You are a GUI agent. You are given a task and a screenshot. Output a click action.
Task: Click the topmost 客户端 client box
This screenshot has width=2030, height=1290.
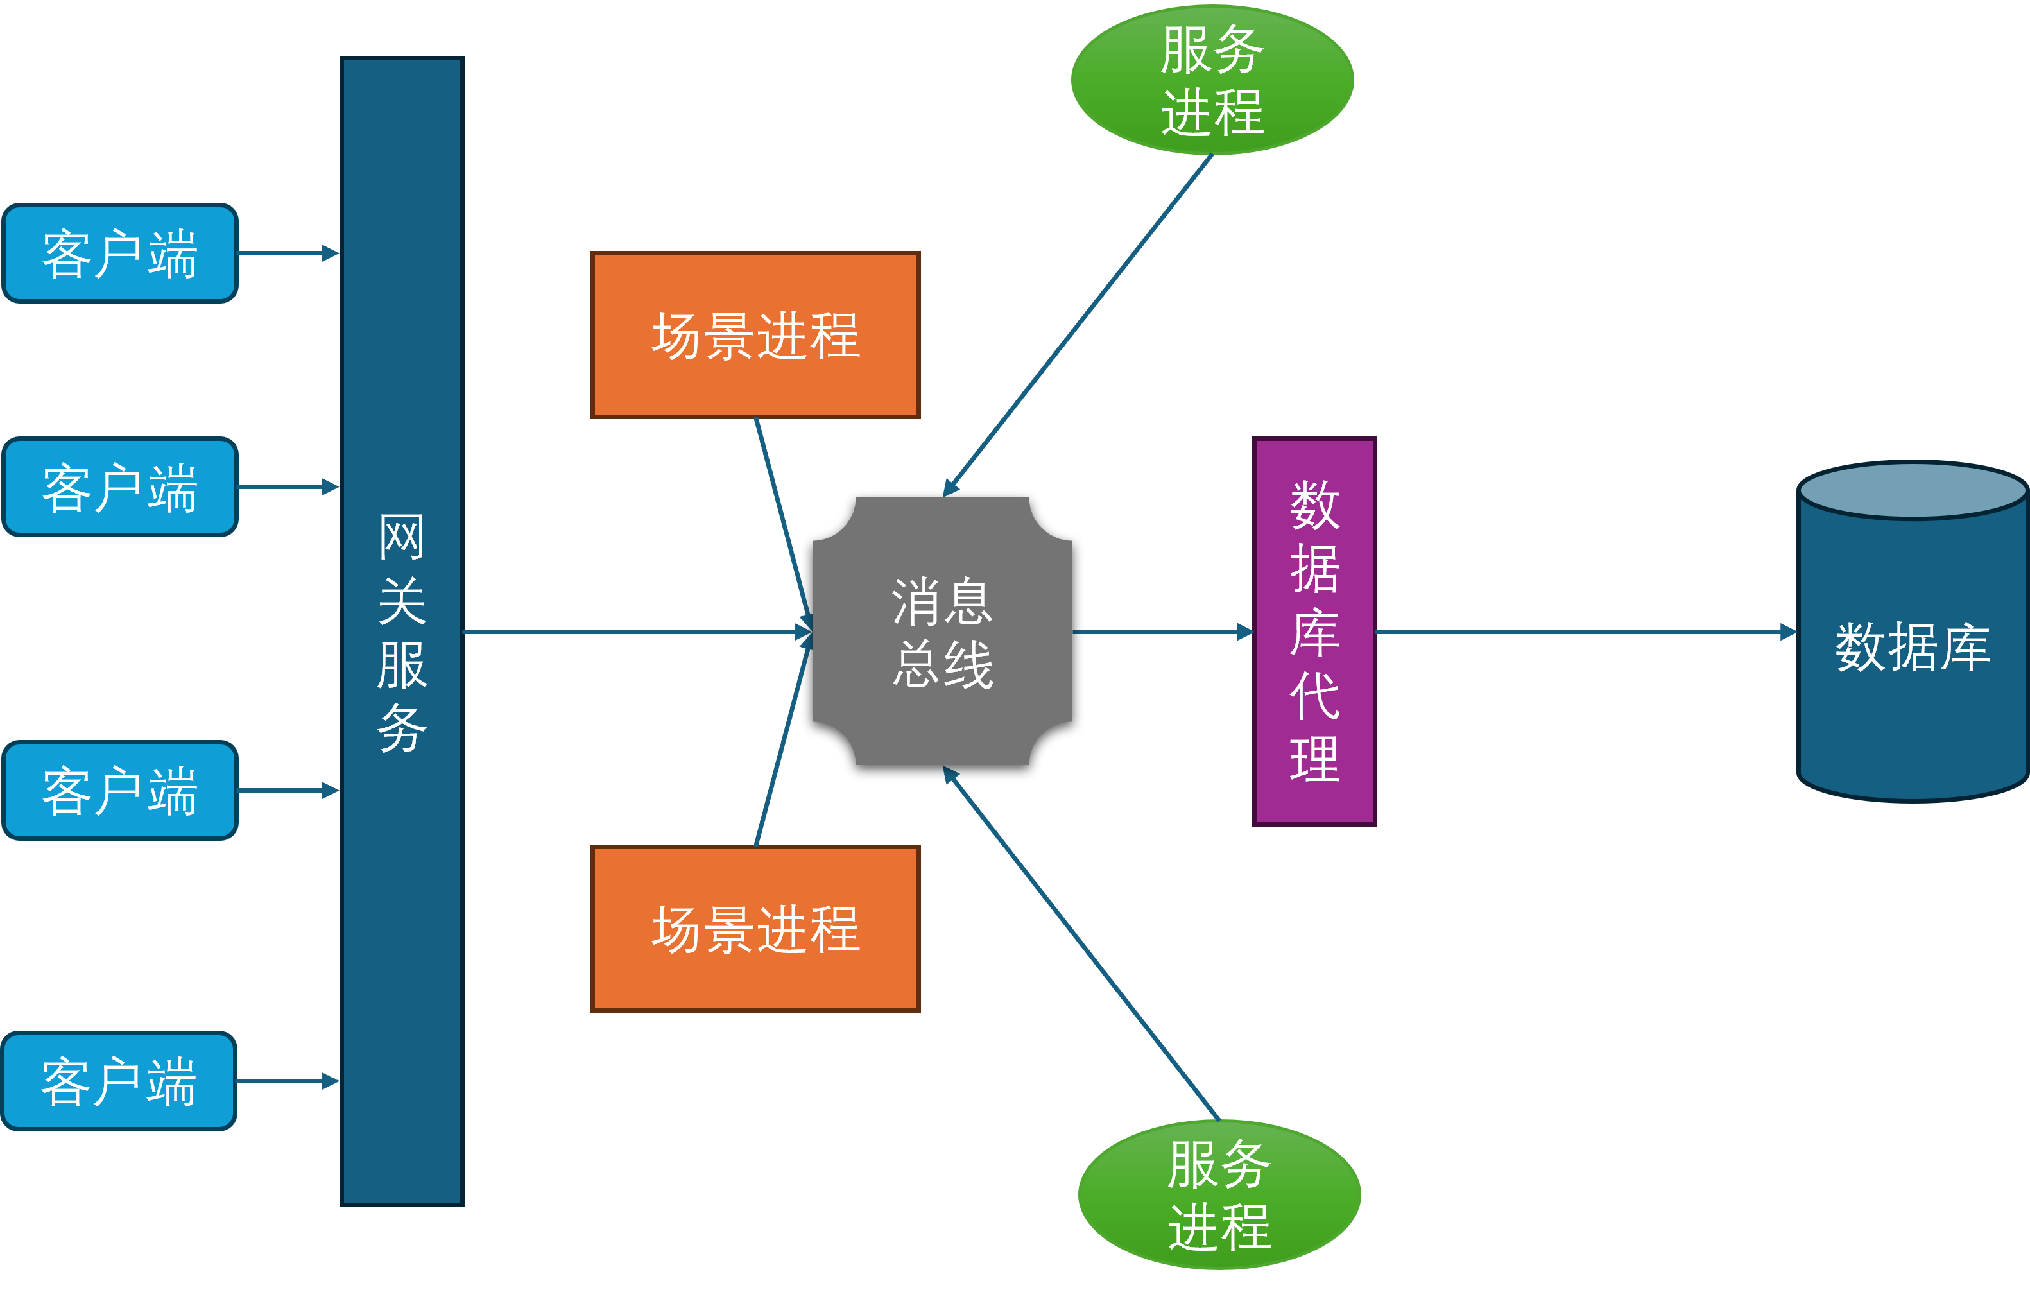coord(120,253)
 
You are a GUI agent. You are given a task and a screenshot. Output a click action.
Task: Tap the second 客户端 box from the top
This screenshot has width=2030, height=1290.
coord(120,486)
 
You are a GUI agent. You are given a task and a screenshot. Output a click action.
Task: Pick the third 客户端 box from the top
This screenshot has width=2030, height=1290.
coord(120,790)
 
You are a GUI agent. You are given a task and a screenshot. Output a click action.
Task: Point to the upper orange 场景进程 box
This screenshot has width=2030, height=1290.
coord(755,335)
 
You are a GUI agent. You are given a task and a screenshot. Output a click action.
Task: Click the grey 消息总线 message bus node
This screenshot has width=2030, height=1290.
coord(942,632)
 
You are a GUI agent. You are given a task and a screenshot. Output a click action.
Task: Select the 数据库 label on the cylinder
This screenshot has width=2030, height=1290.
coord(1912,648)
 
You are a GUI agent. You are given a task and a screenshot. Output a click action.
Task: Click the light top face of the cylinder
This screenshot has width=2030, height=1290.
coord(1912,491)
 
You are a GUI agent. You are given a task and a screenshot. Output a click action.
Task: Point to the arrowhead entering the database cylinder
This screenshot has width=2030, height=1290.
coord(1787,632)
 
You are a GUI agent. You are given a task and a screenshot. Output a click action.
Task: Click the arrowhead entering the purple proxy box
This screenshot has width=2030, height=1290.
coord(1245,632)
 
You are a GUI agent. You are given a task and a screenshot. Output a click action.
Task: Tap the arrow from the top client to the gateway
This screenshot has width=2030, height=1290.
coord(287,253)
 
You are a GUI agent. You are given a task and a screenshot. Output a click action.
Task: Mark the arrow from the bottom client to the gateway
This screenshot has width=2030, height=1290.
coord(287,1081)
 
